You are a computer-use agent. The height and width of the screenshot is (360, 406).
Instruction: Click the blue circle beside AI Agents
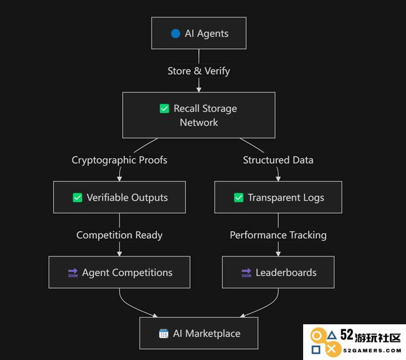(x=175, y=34)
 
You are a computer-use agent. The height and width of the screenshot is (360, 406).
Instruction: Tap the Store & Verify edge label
(x=199, y=71)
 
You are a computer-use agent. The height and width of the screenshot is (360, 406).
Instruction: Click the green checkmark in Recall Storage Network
(x=165, y=108)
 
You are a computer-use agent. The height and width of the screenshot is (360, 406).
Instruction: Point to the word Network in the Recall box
(x=199, y=122)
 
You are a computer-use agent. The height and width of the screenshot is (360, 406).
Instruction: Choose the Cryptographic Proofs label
(x=120, y=160)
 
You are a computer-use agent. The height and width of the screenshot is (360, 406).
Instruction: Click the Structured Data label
(x=278, y=160)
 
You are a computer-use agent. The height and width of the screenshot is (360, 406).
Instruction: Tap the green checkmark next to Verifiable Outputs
(x=77, y=198)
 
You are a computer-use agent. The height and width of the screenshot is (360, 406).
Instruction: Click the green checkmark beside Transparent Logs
(x=239, y=198)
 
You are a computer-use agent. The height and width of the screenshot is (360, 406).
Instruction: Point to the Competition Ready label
(x=120, y=235)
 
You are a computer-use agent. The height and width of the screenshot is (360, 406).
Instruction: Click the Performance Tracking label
(x=278, y=235)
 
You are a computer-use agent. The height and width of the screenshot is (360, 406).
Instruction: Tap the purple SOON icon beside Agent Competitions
(x=73, y=273)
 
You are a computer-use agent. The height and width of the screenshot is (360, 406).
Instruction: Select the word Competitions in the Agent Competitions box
(x=142, y=273)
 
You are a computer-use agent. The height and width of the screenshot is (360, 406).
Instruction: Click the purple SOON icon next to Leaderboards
(x=246, y=273)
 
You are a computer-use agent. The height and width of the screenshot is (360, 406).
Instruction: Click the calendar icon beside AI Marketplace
(x=163, y=333)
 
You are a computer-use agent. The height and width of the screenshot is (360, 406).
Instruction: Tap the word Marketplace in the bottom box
(x=213, y=334)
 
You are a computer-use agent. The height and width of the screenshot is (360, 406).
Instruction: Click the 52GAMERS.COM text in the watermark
(x=372, y=351)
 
